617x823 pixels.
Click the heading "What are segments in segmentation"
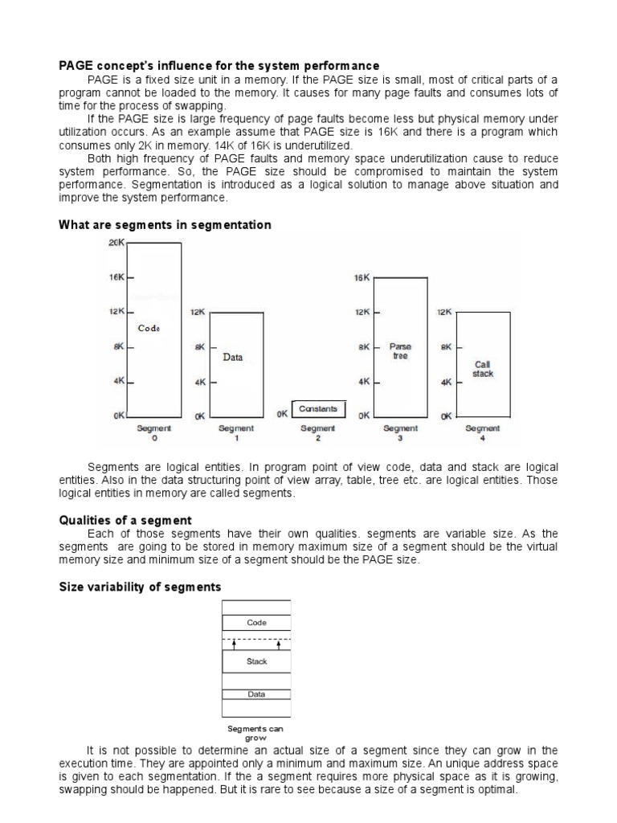(165, 225)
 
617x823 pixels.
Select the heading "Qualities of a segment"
(125, 521)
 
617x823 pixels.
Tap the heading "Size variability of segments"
(140, 588)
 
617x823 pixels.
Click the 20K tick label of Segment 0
(116, 243)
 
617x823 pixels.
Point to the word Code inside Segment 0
(149, 328)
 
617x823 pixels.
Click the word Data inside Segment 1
(233, 357)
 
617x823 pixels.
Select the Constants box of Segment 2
(318, 409)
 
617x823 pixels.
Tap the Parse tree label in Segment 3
(400, 351)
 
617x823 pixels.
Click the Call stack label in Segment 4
(483, 370)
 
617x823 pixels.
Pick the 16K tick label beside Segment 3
(361, 278)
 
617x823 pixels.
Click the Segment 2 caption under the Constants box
(318, 433)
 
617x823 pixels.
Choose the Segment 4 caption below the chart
(483, 433)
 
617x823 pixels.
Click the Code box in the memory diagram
(256, 623)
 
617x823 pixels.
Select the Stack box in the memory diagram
(256, 661)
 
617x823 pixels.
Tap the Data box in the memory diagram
(256, 694)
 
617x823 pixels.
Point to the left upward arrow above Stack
(234, 644)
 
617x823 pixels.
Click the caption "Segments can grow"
(255, 733)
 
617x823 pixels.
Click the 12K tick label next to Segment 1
(198, 312)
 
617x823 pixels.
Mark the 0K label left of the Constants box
(282, 415)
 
